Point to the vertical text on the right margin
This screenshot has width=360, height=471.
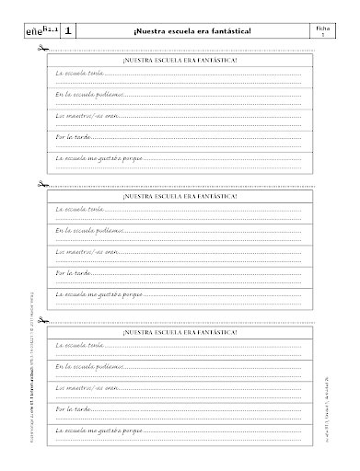[341, 386]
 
